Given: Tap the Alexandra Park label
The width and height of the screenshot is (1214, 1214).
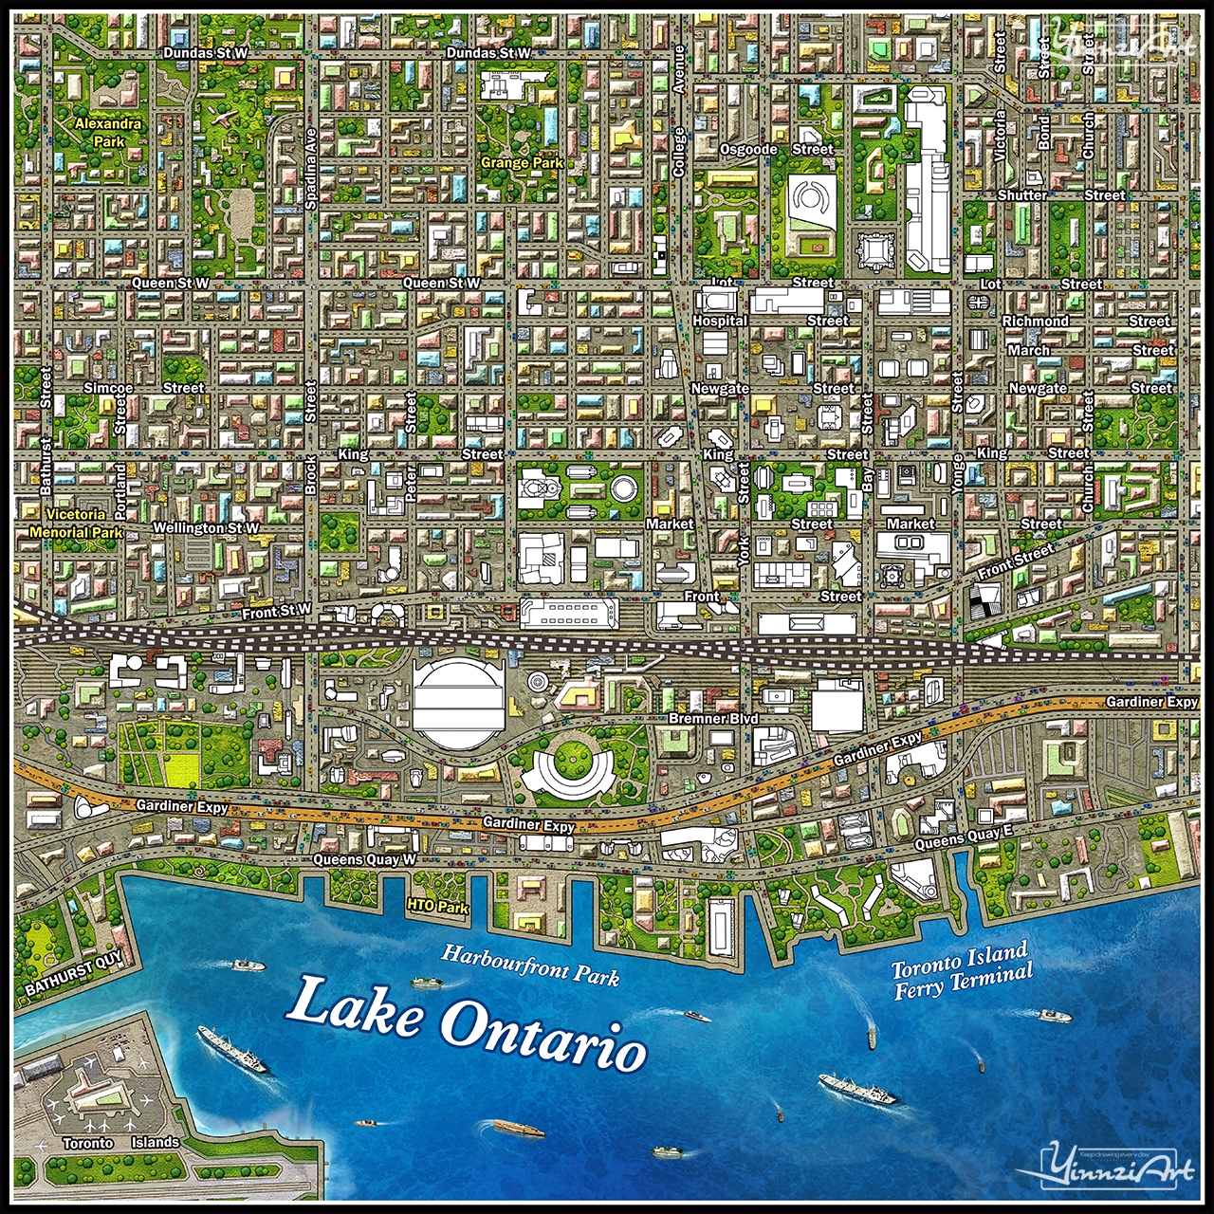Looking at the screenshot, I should (x=108, y=132).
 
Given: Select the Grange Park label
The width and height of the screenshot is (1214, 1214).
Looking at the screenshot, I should (x=522, y=163).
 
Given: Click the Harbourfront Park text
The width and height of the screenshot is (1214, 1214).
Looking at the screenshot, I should (x=530, y=965).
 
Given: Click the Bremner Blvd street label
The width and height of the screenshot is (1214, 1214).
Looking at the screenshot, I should (x=713, y=719).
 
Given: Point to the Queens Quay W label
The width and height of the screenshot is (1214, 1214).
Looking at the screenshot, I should (x=365, y=859).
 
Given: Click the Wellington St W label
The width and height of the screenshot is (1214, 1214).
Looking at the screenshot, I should (x=206, y=528).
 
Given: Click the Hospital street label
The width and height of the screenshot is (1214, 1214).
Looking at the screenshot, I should (x=720, y=321).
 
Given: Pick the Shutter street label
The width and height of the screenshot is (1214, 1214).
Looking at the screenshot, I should (x=1022, y=195).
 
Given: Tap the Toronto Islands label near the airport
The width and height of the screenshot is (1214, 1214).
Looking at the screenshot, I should (x=120, y=1143).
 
